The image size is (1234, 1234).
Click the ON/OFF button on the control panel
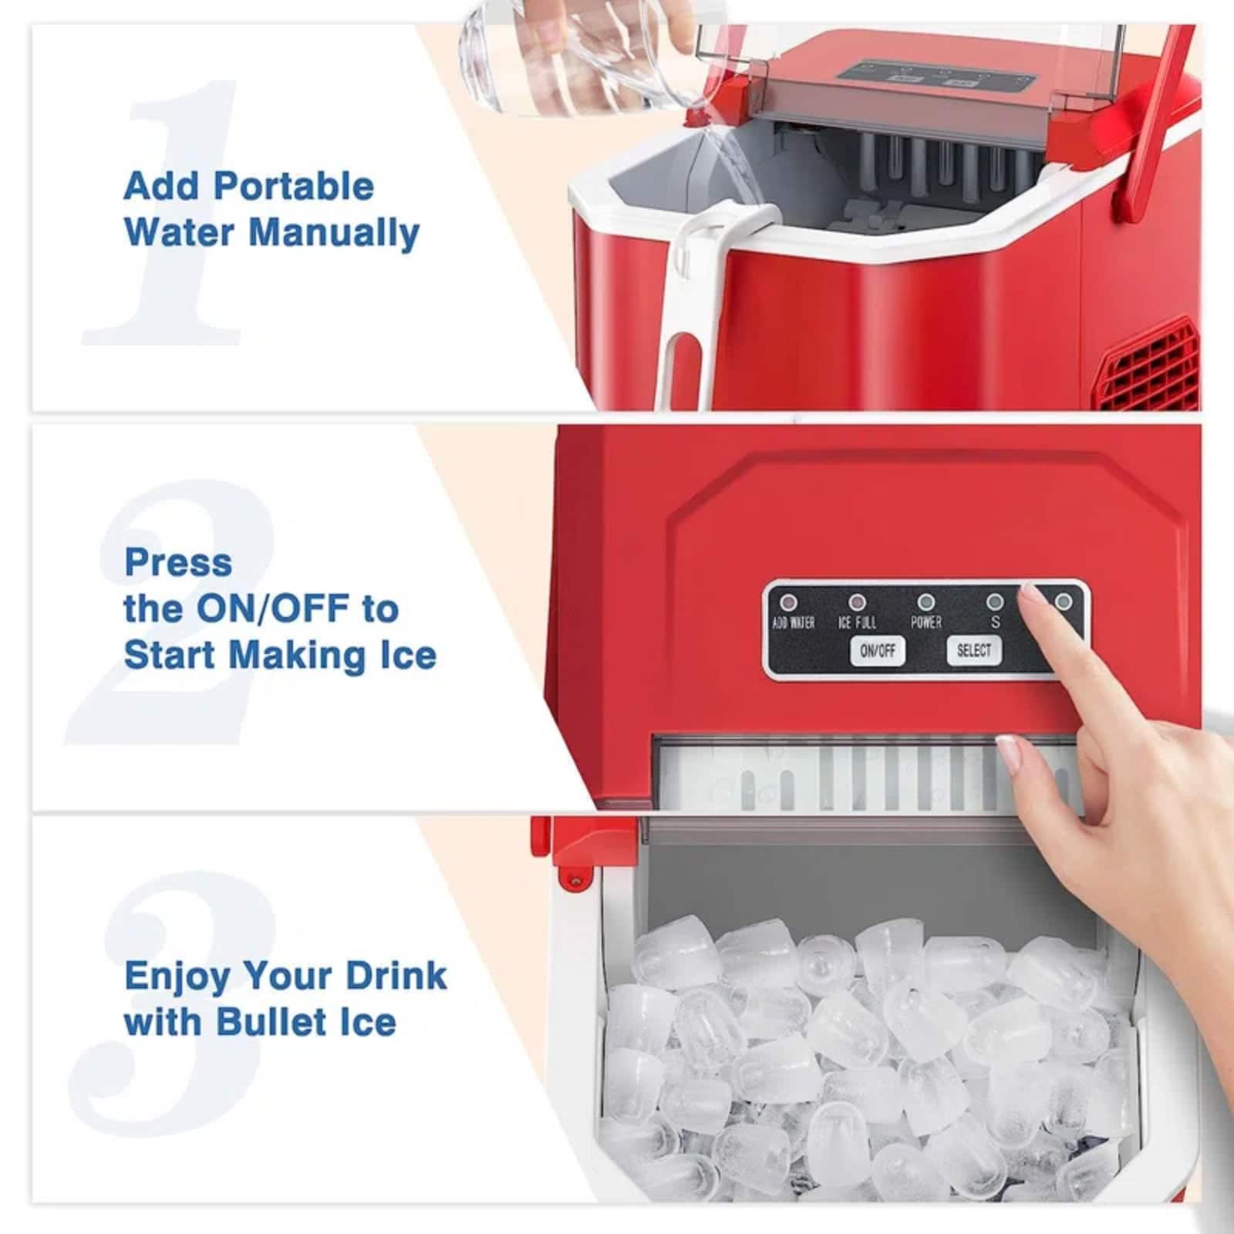(878, 651)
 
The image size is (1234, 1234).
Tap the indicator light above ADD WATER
(789, 602)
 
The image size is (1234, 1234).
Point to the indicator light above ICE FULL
(857, 602)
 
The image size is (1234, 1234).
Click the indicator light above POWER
(925, 602)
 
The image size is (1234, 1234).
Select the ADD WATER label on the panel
(793, 622)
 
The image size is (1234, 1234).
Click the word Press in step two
(178, 562)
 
